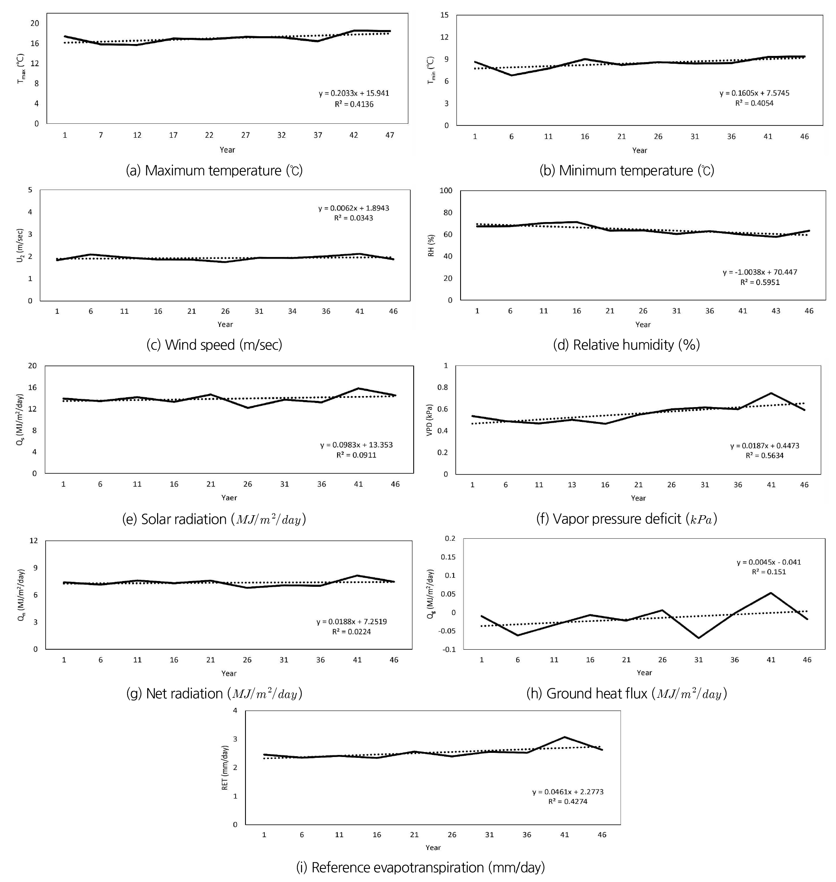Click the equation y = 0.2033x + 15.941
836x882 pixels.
pos(354,93)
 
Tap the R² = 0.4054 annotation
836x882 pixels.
pos(755,103)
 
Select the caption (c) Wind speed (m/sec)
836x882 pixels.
pos(214,345)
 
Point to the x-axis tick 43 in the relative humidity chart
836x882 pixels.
pos(776,310)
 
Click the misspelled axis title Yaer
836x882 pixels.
pos(229,498)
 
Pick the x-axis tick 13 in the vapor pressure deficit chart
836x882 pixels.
pos(572,484)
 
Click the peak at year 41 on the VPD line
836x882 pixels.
pos(771,393)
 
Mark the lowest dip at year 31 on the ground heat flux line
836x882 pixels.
pos(699,638)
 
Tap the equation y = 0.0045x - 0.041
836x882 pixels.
pos(769,562)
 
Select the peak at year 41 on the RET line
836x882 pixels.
pos(565,737)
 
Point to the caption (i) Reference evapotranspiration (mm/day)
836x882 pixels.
pos(420,867)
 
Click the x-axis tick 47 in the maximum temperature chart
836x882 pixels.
pos(389,135)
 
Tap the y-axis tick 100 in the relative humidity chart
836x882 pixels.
pos(446,191)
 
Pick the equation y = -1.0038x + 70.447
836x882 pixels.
pos(760,272)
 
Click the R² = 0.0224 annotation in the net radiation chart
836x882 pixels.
pos(351,632)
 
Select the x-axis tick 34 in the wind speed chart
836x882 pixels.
pos(292,311)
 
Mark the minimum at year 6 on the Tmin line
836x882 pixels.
pos(512,75)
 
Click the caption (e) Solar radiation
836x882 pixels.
pos(214,519)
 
